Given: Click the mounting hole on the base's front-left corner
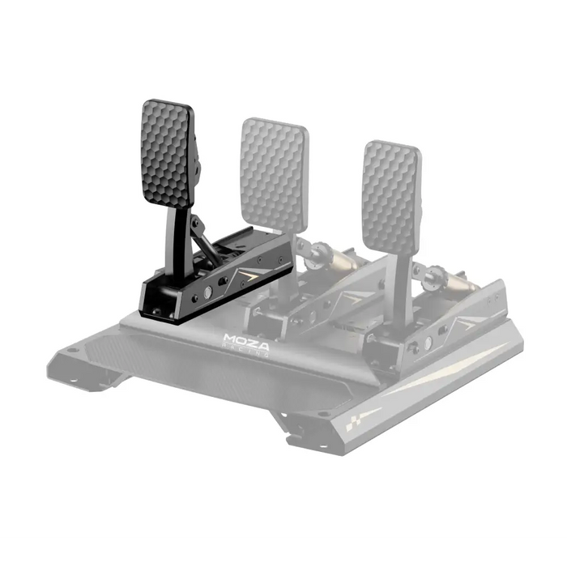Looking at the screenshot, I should [73, 350].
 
